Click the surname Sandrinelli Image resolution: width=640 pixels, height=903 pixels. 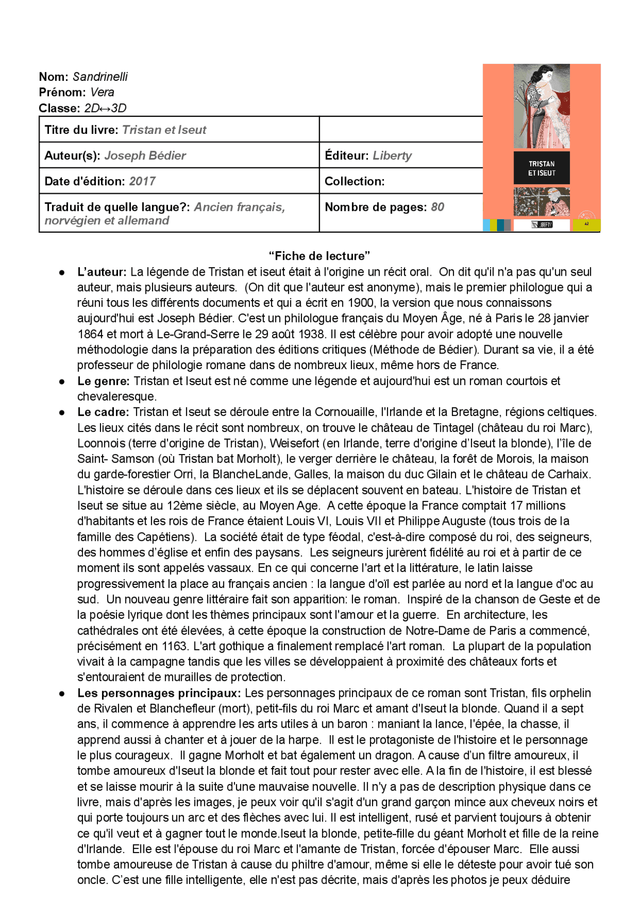pyautogui.click(x=100, y=76)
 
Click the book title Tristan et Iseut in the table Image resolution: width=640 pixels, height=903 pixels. pyautogui.click(x=164, y=130)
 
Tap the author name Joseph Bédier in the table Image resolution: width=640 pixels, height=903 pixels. pyautogui.click(x=145, y=156)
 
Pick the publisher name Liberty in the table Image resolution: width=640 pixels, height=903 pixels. pyautogui.click(x=392, y=156)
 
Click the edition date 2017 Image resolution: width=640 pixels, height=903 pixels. pyautogui.click(x=142, y=181)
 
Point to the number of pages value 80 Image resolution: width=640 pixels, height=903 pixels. pyautogui.click(x=437, y=207)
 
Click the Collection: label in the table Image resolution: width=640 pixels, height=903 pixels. pyautogui.click(x=354, y=181)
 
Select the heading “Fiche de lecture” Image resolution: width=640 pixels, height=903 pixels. pyautogui.click(x=319, y=256)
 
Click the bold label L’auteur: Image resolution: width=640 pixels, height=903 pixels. pyautogui.click(x=102, y=272)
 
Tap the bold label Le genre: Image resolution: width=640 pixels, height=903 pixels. pyautogui.click(x=103, y=381)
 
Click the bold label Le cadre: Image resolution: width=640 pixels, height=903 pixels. pyautogui.click(x=103, y=412)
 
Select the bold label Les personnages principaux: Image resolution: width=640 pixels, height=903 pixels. pyautogui.click(x=159, y=693)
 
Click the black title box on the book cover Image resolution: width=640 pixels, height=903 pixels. pyautogui.click(x=541, y=168)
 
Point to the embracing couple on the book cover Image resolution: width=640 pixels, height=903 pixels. pyautogui.click(x=541, y=106)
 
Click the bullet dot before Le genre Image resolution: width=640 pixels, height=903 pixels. pyautogui.click(x=62, y=382)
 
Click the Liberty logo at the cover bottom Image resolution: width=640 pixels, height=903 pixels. pyautogui.click(x=541, y=225)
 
